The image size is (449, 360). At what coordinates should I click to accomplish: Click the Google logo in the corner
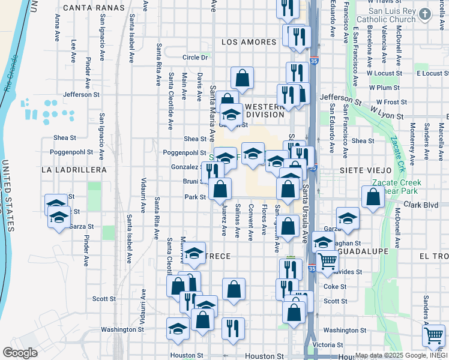pos(20,353)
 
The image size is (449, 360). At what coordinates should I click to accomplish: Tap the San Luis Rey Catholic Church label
pos(391,15)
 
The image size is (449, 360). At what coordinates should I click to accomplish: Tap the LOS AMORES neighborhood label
pos(249,42)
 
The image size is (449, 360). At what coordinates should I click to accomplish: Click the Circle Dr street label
pos(195,58)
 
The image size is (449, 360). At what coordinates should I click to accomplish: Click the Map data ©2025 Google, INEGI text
pos(401,355)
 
